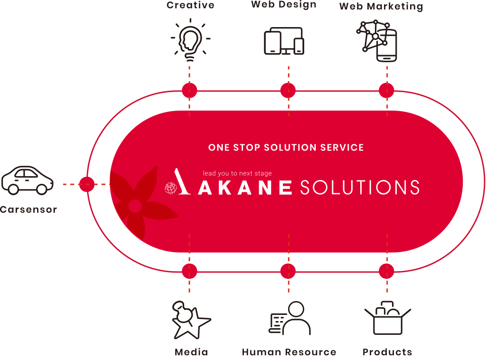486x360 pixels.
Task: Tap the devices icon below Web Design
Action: click(284, 41)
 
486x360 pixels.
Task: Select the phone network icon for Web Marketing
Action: click(377, 41)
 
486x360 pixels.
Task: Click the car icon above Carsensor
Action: click(28, 180)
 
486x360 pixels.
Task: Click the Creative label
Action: click(190, 6)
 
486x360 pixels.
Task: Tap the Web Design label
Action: click(284, 5)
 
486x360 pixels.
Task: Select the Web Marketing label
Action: click(381, 6)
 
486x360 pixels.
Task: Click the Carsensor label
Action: click(28, 209)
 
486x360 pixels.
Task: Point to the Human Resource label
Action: click(289, 352)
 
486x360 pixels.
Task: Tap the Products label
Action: click(387, 352)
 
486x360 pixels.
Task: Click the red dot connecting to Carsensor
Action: click(87, 184)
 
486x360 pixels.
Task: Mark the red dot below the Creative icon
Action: click(189, 90)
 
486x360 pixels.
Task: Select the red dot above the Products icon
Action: click(387, 271)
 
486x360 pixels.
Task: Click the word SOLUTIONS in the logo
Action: click(360, 188)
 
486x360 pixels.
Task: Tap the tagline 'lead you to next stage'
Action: click(237, 173)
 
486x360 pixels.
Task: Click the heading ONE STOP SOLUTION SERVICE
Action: click(286, 148)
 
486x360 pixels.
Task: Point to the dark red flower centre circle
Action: click(135, 206)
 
